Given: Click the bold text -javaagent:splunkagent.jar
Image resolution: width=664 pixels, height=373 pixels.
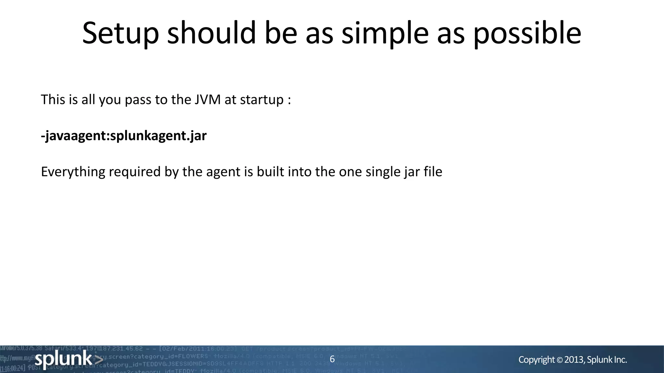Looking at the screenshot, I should (x=124, y=136).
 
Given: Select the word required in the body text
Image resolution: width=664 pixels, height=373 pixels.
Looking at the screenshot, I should (x=135, y=172).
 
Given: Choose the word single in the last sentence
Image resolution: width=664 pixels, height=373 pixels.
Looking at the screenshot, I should (x=383, y=172).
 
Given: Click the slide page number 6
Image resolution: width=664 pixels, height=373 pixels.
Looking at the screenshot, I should (x=332, y=359).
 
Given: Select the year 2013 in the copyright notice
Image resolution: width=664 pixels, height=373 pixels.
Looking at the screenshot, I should (x=574, y=360).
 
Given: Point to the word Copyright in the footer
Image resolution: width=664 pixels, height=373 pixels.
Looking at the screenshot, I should (x=537, y=360).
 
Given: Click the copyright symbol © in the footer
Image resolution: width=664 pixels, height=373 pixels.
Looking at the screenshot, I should (x=560, y=360).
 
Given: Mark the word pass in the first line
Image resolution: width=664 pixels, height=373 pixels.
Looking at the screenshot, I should (x=138, y=100).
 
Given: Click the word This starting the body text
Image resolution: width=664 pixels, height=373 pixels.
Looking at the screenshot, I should (x=53, y=99).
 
